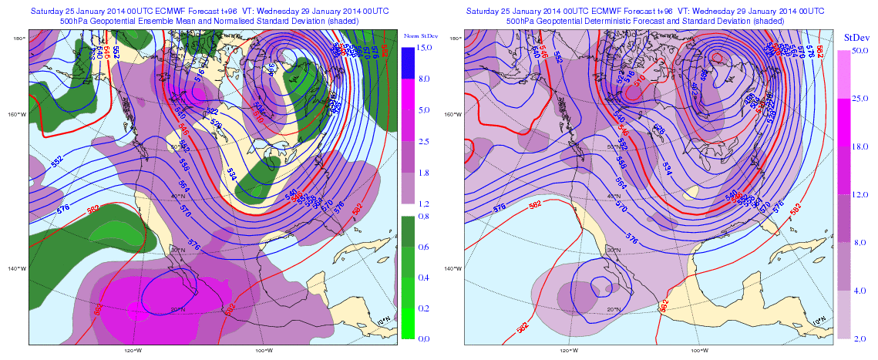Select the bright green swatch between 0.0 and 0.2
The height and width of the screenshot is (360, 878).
pyautogui.click(x=410, y=323)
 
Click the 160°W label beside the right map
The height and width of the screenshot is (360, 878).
pyautogui.click(x=453, y=115)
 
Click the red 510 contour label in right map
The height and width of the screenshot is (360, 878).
pyautogui.click(x=639, y=87)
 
